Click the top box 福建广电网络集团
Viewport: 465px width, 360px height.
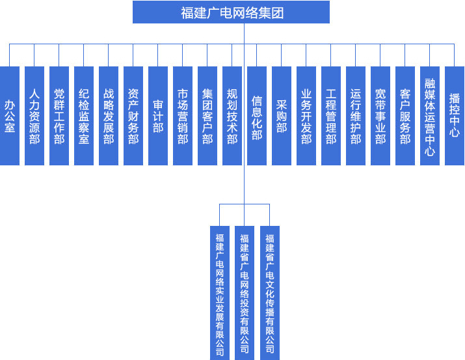pyautogui.click(x=232, y=12)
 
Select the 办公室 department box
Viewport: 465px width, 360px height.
pyautogui.click(x=10, y=115)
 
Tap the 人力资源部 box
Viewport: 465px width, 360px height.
pyautogui.click(x=34, y=115)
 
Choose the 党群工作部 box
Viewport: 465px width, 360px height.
pyautogui.click(x=59, y=115)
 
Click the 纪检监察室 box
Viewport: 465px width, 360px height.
pyautogui.click(x=84, y=115)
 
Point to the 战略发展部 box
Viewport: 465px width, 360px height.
pyautogui.click(x=109, y=115)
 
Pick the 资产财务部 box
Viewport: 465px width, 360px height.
pyautogui.click(x=133, y=115)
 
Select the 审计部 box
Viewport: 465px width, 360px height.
pyautogui.click(x=158, y=115)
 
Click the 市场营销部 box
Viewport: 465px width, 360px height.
pyautogui.click(x=183, y=115)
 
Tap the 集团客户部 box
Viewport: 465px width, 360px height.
pyautogui.click(x=207, y=115)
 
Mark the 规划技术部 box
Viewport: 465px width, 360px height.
pyautogui.click(x=232, y=115)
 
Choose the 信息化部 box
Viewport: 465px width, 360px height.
pyautogui.click(x=257, y=115)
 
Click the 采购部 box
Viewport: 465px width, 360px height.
pyautogui.click(x=282, y=115)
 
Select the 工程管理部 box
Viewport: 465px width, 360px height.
pyautogui.click(x=331, y=115)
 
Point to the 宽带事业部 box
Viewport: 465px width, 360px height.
pyautogui.click(x=380, y=115)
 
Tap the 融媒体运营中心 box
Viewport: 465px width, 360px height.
pyautogui.click(x=430, y=115)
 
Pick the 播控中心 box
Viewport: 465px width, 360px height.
pyautogui.click(x=455, y=115)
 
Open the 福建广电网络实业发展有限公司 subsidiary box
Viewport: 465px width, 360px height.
pyautogui.click(x=220, y=292)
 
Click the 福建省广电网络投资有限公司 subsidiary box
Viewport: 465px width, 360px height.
pyautogui.click(x=245, y=292)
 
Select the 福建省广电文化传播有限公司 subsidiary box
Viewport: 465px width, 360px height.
pyautogui.click(x=270, y=292)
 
